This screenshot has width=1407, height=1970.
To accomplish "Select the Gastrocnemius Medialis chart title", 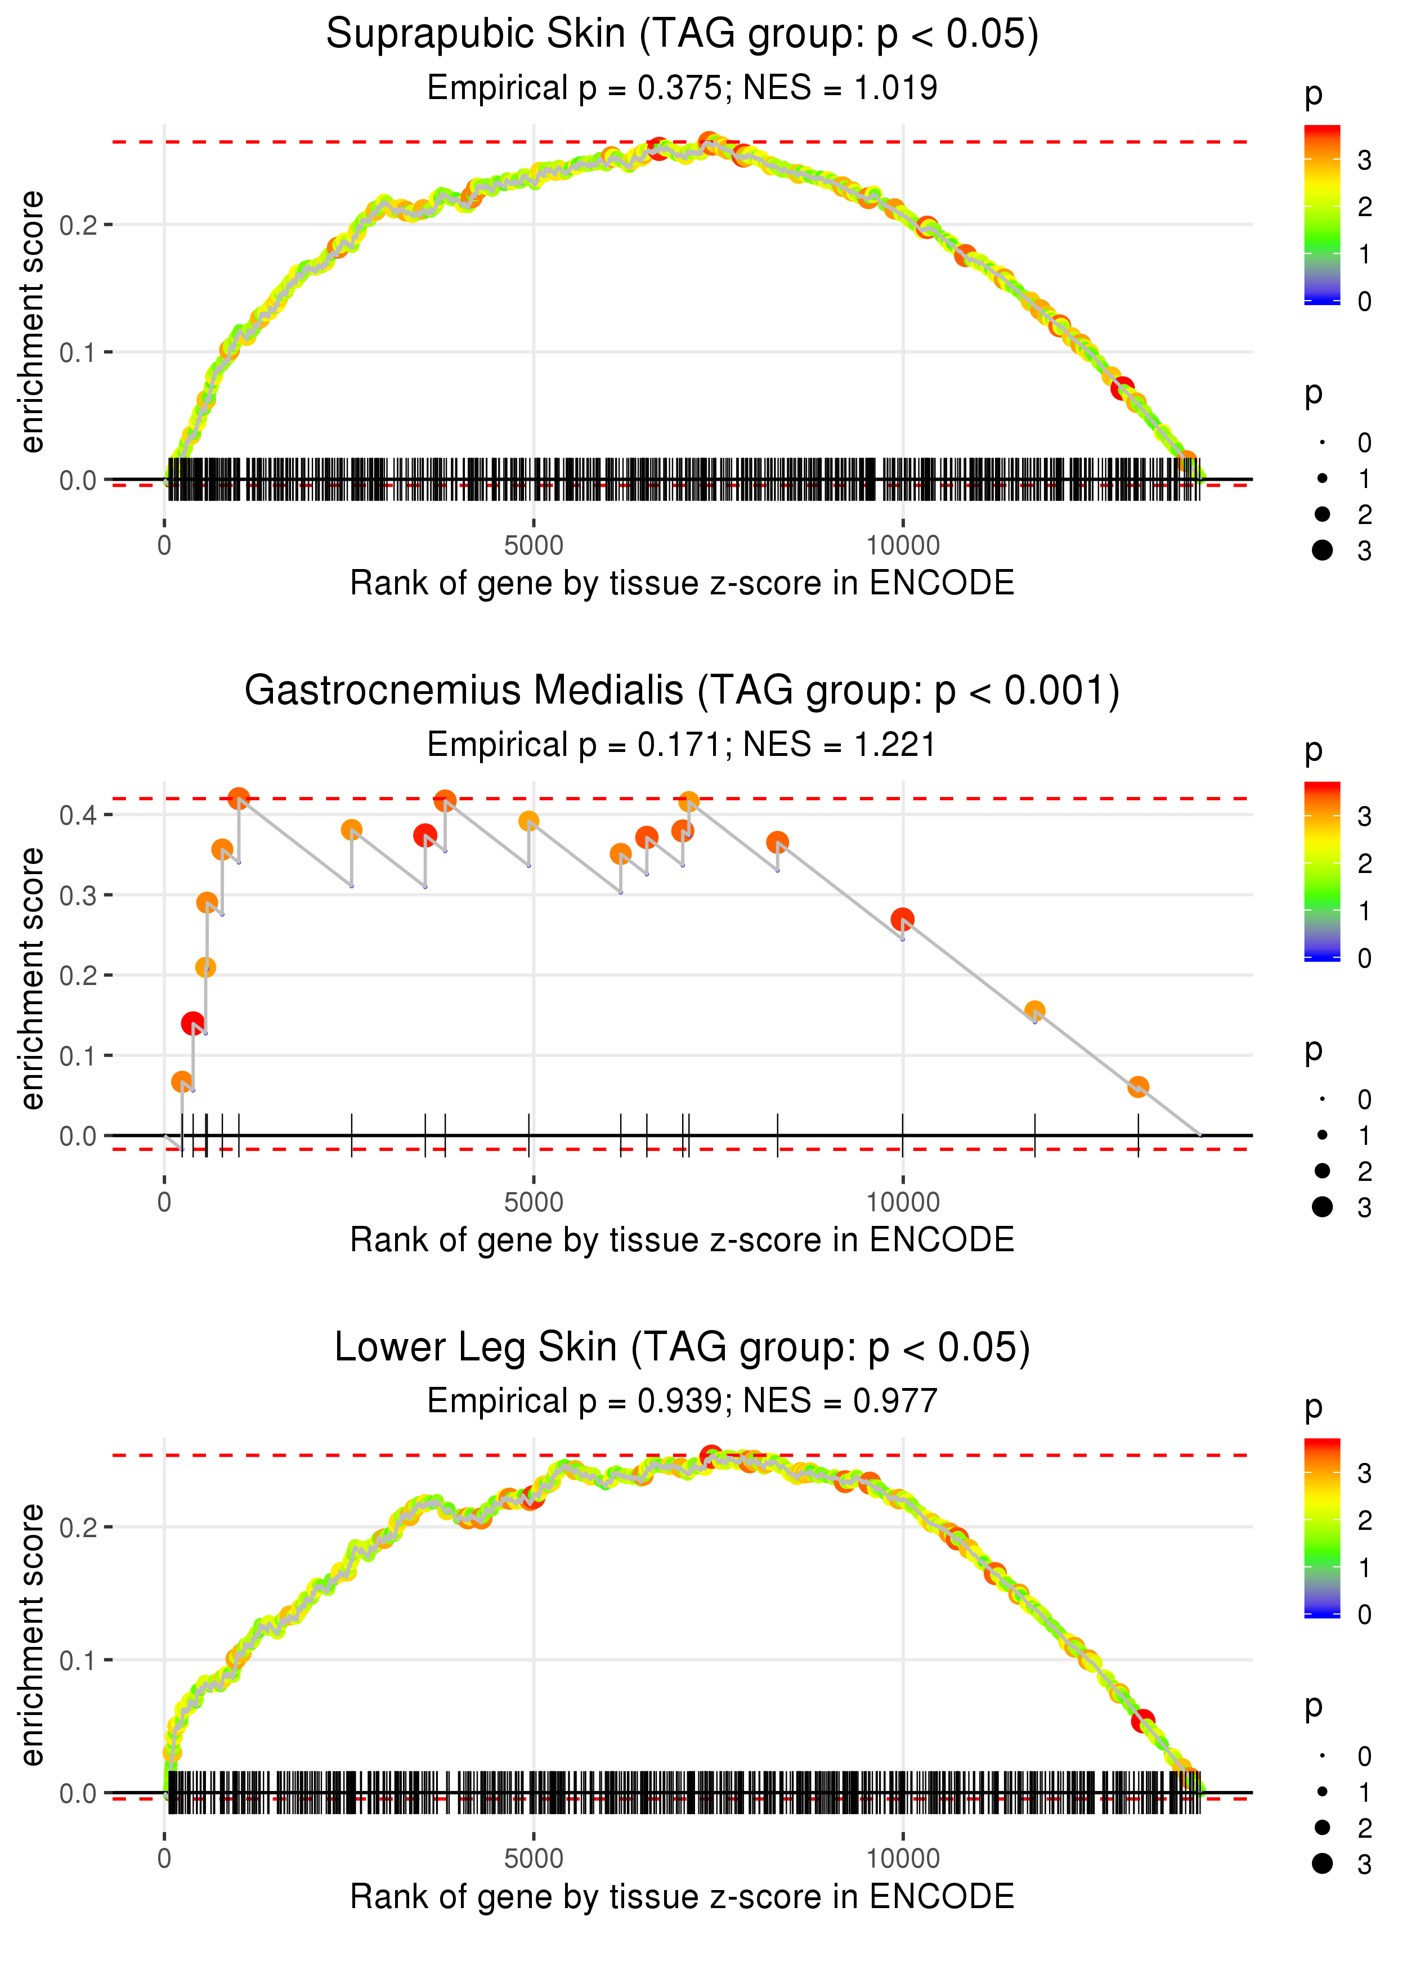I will coord(682,691).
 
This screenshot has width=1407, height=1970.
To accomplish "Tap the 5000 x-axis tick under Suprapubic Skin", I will coord(534,546).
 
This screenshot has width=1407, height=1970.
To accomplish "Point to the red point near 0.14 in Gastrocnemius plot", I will coord(193,1023).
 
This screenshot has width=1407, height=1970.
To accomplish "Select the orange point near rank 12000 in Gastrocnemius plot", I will coord(1034,1011).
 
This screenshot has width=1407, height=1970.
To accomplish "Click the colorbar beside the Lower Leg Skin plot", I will coord(1322,1526).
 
